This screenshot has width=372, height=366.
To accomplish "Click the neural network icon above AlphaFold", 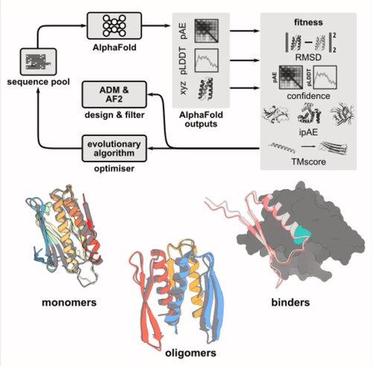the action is (x=115, y=25).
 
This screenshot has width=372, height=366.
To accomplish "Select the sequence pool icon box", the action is (x=39, y=62).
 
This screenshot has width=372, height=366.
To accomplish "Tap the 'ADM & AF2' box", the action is (x=114, y=94).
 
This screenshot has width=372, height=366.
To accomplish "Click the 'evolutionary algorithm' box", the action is (x=114, y=148).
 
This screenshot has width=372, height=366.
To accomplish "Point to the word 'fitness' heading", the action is (x=308, y=22).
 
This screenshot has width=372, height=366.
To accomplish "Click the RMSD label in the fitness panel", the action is (x=308, y=57).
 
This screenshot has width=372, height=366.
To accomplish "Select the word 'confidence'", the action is (x=309, y=96).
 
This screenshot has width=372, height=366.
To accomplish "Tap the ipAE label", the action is (x=308, y=132).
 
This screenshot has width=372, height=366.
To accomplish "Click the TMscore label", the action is (x=309, y=161).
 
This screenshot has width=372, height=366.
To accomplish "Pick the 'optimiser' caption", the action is (x=114, y=169).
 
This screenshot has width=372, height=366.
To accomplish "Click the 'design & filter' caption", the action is (x=115, y=115).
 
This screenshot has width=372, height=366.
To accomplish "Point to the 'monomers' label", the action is (x=69, y=302).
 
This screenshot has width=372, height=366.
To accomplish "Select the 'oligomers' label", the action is (x=190, y=353).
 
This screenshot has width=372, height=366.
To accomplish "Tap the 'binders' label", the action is (x=290, y=302).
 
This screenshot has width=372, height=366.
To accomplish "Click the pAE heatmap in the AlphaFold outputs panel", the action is (x=206, y=30).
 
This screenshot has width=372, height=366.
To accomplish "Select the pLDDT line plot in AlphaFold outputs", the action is (x=206, y=60).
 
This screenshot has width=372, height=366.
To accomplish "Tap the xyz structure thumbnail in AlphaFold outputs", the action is (x=206, y=89).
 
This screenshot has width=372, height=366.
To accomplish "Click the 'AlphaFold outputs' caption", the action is (x=201, y=119).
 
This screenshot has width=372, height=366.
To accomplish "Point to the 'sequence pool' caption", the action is (x=39, y=82).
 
